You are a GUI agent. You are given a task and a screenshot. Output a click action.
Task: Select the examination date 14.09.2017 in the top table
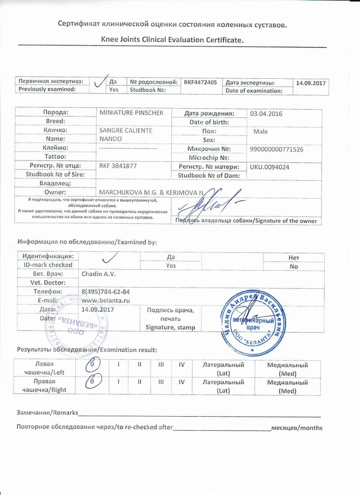tap(311, 83)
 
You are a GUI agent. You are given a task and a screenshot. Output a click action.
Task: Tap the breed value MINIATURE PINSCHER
tap(131, 113)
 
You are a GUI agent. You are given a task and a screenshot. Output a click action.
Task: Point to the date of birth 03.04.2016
tap(265, 114)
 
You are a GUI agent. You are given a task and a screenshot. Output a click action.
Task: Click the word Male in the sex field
tap(260, 131)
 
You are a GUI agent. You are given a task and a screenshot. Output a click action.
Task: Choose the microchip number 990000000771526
tap(276, 149)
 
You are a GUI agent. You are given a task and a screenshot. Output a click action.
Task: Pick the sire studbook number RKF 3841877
tap(117, 166)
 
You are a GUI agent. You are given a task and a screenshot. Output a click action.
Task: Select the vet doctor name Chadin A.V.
tap(97, 274)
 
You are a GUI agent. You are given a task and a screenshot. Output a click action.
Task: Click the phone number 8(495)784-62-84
tap(106, 291)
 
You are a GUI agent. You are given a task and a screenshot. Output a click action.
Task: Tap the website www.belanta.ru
tap(103, 300)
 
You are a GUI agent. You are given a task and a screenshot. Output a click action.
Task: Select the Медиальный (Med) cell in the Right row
tap(287, 386)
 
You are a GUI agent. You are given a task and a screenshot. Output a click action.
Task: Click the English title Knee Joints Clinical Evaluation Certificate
tap(172, 40)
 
